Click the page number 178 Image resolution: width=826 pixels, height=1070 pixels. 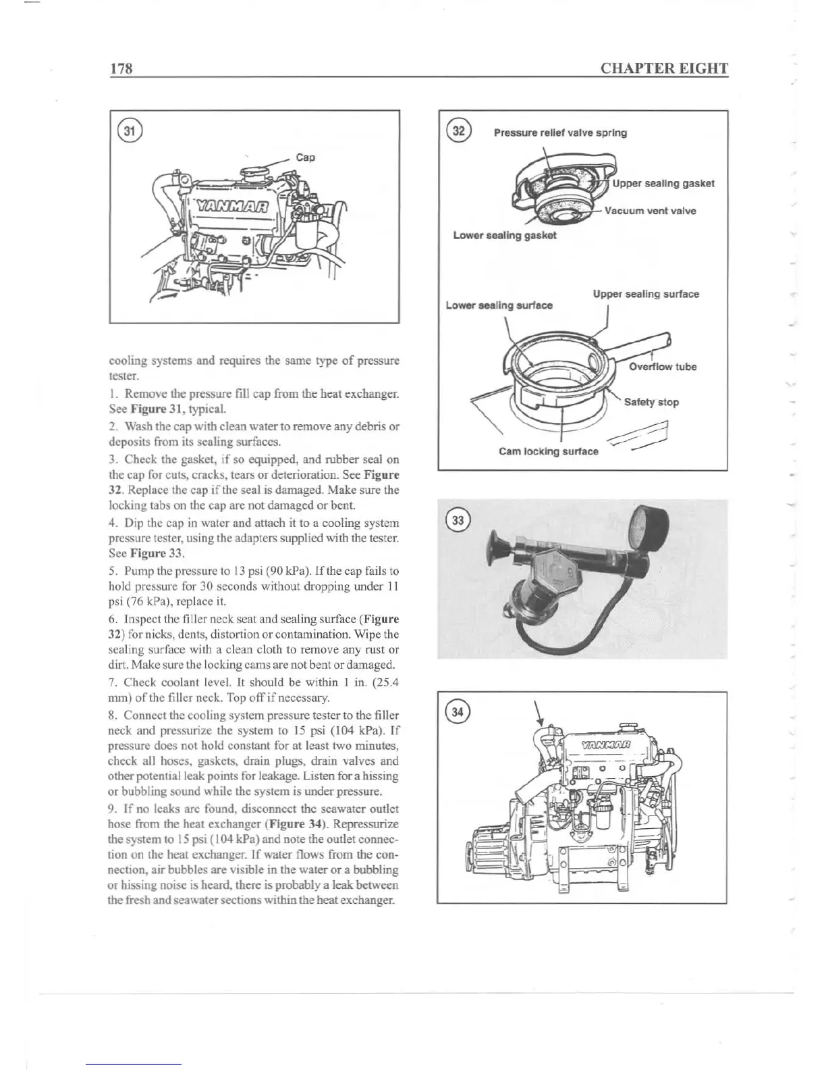120,69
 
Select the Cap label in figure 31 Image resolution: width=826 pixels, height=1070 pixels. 306,157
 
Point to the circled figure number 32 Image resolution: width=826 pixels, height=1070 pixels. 459,132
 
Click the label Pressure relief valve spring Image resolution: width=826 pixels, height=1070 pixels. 560,133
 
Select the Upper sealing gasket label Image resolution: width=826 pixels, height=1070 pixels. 663,184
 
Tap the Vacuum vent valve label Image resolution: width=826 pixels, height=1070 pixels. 650,211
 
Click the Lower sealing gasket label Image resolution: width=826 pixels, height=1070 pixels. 505,236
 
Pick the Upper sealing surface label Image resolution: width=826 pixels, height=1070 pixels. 646,295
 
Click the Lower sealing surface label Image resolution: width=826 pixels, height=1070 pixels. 499,305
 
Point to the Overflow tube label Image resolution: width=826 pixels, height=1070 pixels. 663,367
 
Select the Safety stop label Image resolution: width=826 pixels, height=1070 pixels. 651,402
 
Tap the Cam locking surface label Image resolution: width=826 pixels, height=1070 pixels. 548,451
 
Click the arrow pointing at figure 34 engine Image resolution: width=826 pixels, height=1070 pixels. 540,715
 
